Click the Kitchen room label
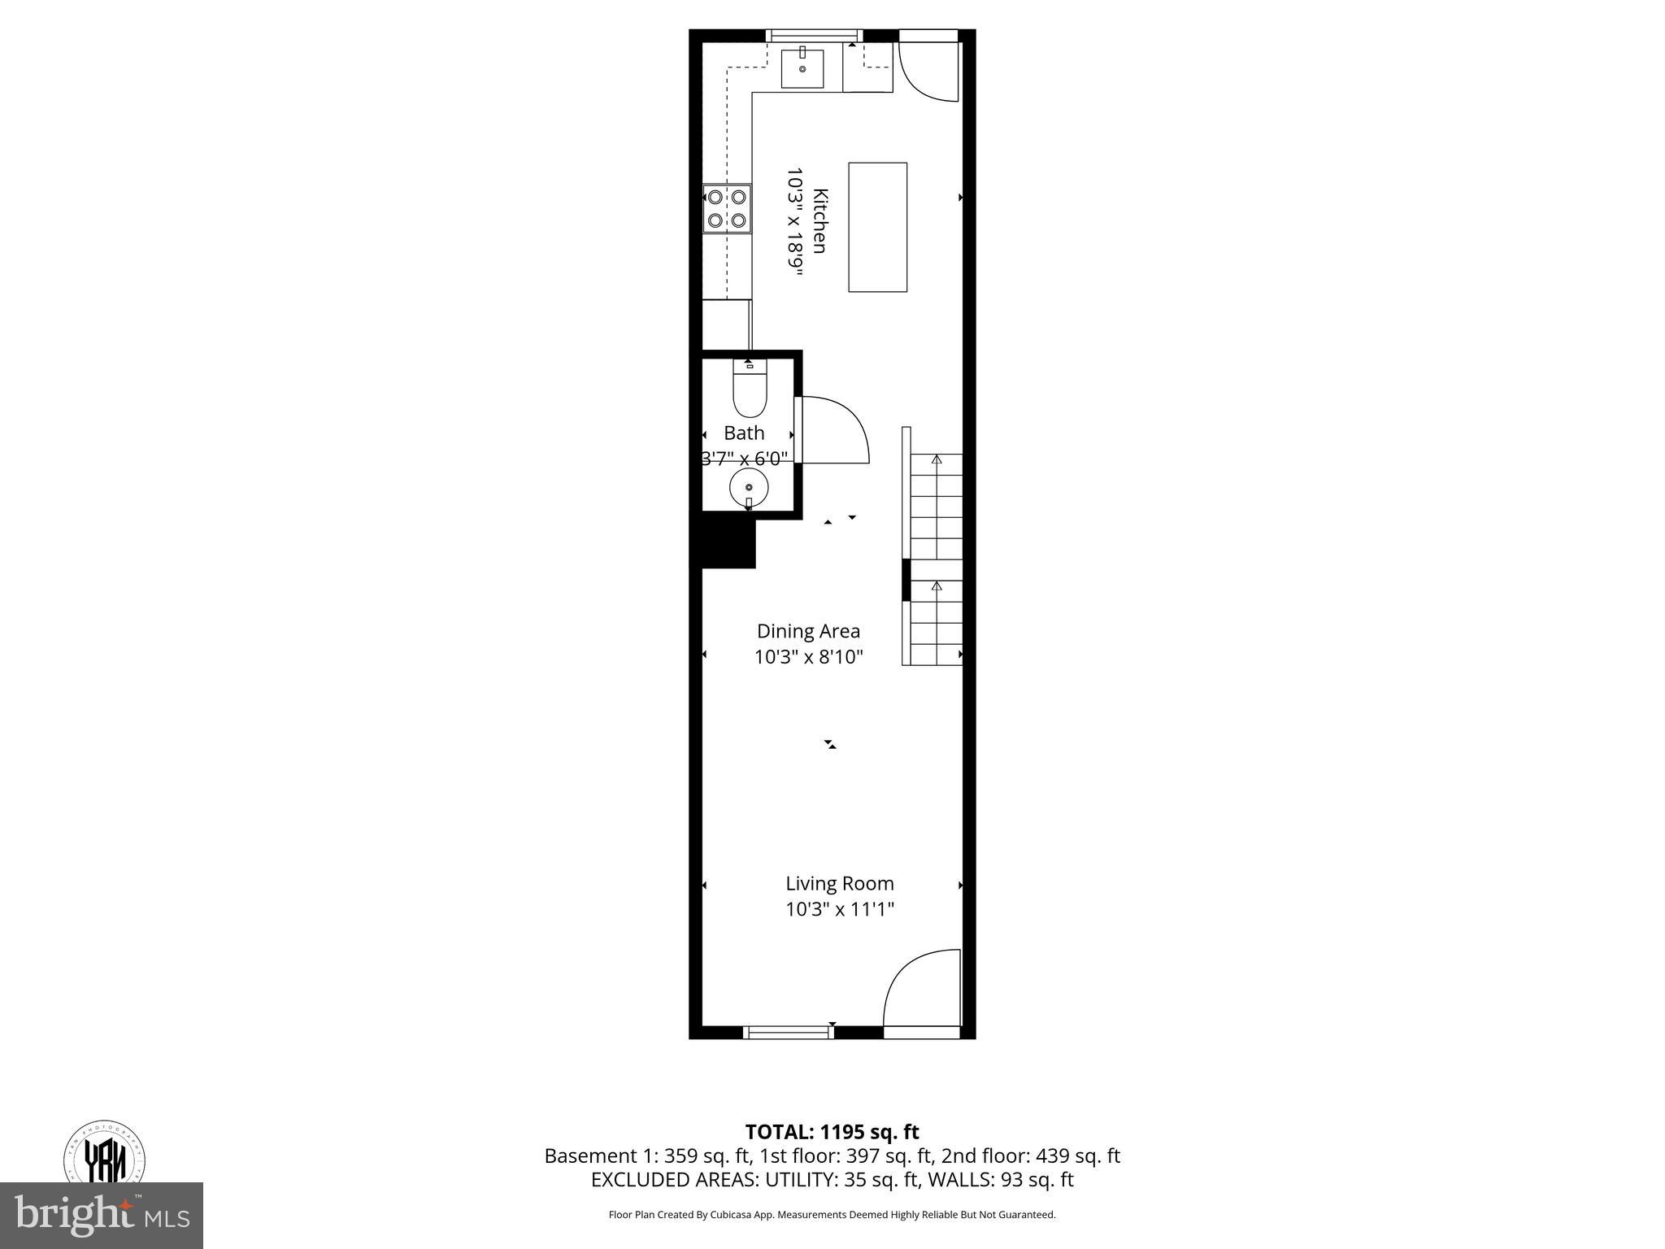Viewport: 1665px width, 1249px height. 820,221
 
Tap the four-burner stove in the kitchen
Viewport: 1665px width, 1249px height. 727,208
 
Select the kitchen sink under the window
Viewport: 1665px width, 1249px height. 802,68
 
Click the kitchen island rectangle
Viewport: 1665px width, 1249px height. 877,227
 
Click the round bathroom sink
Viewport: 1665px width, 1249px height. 749,488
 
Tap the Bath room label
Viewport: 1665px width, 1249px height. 744,433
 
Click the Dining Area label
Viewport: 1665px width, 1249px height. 808,631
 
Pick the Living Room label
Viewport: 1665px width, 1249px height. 839,883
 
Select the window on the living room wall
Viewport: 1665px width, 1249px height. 788,1033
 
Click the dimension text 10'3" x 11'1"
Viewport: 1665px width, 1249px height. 839,909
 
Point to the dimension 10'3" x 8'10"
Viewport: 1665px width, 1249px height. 808,657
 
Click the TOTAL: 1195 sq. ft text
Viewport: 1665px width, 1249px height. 832,1132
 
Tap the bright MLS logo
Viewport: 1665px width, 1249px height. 102,1215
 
